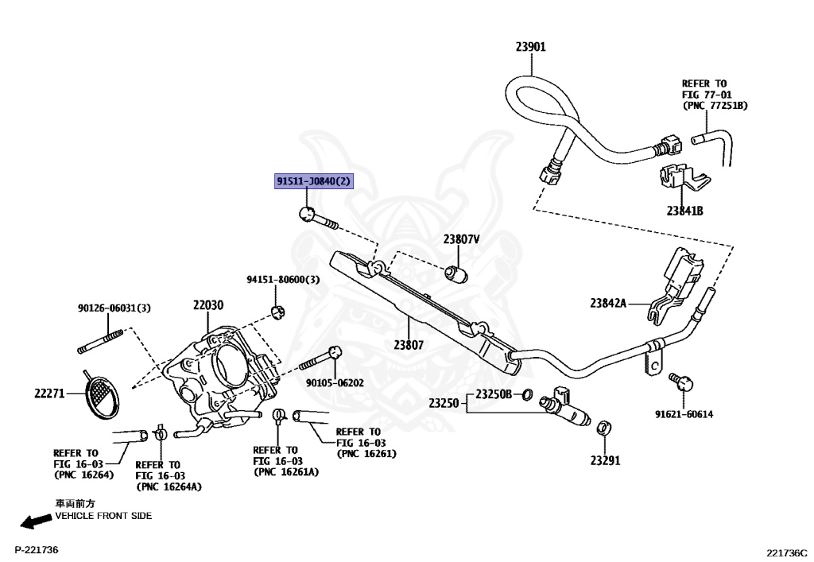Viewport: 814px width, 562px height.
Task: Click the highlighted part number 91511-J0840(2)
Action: (313, 181)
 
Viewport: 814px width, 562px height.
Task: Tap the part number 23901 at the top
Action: (530, 47)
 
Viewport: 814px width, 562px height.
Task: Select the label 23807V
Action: (461, 239)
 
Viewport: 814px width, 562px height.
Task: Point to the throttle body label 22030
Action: (208, 304)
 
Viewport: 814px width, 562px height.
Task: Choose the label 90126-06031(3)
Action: (114, 308)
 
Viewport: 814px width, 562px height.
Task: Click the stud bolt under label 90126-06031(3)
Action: (100, 342)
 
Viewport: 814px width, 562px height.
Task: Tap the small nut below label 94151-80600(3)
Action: (278, 312)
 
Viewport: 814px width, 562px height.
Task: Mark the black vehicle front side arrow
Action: (37, 521)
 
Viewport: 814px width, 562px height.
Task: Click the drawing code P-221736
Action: (37, 549)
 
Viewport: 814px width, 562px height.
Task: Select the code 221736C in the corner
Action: (787, 552)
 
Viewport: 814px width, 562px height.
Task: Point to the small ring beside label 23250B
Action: (526, 395)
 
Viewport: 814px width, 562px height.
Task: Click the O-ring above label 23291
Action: (604, 428)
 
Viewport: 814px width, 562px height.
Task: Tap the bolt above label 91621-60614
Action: (681, 382)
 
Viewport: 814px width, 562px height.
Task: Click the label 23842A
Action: (608, 303)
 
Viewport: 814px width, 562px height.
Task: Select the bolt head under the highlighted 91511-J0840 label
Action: (308, 213)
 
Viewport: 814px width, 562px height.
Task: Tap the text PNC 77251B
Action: (715, 106)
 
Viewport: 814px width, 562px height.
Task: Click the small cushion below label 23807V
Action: (457, 273)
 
